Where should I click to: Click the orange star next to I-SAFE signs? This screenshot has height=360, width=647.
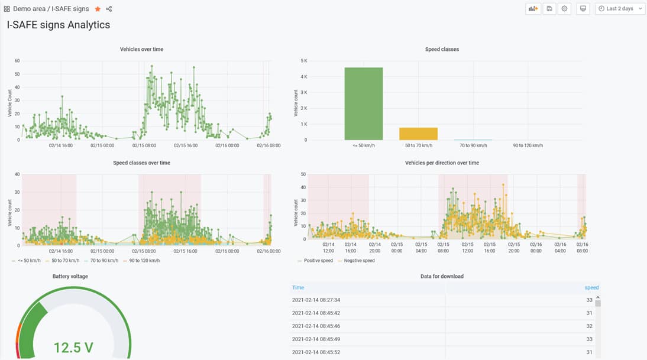[98, 9]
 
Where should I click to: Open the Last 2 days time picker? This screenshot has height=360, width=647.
[620, 9]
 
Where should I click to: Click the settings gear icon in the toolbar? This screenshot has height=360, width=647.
[565, 9]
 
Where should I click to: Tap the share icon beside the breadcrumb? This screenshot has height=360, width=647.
[109, 9]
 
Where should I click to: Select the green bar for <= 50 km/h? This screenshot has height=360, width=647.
[363, 103]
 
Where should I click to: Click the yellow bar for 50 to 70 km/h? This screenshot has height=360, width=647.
[418, 134]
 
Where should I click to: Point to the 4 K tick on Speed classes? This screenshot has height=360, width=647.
[303, 77]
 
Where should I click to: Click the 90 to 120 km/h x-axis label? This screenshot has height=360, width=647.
[528, 145]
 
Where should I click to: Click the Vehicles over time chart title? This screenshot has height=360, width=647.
[141, 49]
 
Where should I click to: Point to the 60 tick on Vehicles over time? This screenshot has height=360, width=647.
[18, 61]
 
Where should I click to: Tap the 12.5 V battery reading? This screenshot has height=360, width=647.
[73, 347]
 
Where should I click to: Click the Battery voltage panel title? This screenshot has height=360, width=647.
[70, 276]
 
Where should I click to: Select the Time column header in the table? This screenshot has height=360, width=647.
[298, 287]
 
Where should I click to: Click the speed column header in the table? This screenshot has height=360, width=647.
[591, 287]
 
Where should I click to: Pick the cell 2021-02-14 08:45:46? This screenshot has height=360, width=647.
[316, 326]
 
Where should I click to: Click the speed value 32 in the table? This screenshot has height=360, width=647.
[588, 326]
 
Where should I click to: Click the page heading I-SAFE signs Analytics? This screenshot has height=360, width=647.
[59, 25]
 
